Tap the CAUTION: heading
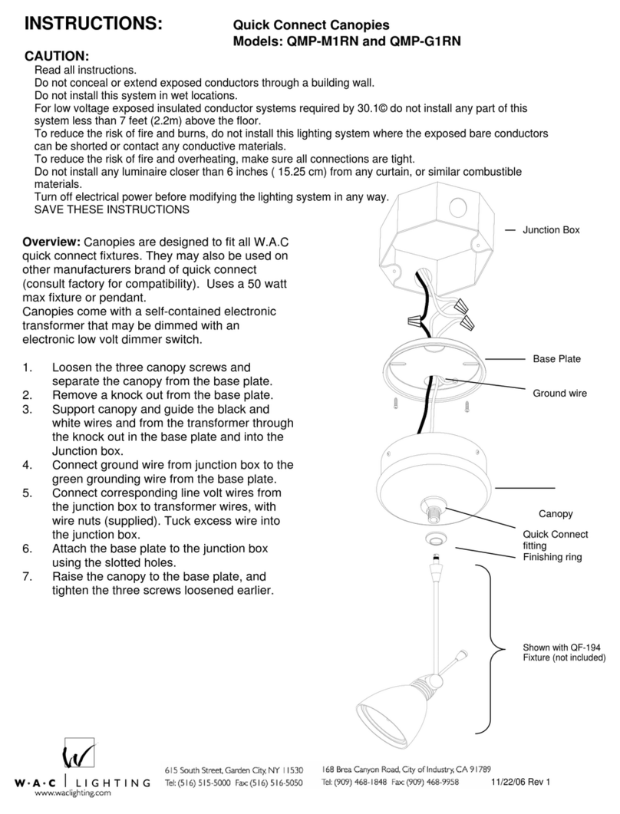58,58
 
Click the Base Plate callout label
556,358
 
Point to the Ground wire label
559,393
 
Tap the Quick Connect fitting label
554,540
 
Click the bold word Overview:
51,242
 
